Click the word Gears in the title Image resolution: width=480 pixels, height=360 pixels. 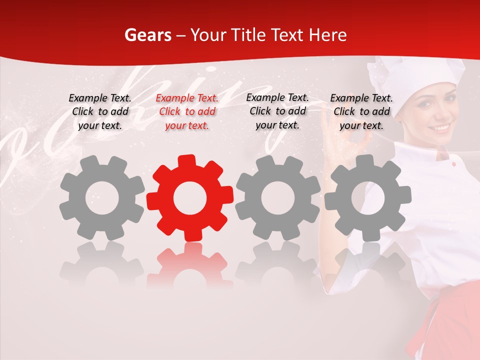pos(147,35)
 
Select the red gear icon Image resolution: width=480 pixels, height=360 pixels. pos(189,198)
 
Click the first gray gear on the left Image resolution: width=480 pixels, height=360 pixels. pos(102,198)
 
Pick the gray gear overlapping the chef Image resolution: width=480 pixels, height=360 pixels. pos(367,198)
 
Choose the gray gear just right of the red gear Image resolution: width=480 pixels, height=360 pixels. pos(277,198)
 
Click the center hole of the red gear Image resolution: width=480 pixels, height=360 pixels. pos(189,198)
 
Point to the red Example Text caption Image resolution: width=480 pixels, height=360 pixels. pos(187,112)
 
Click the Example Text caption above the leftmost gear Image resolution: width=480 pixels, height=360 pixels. pos(100,112)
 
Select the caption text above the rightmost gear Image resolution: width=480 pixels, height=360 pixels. pos(361,112)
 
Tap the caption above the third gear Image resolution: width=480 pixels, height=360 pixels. pos(277,111)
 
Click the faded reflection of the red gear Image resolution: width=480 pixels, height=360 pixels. pos(189,265)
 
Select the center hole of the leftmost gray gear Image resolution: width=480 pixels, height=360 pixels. pos(102,198)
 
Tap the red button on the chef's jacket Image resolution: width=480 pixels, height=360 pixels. pos(453,164)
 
